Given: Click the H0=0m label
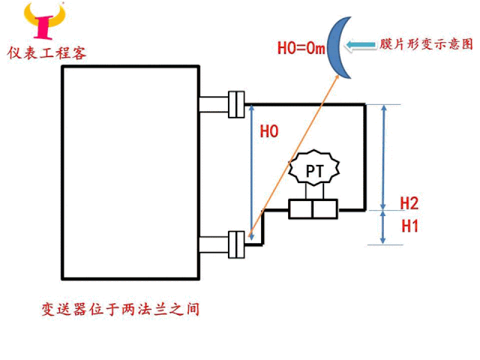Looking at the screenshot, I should coord(300,49).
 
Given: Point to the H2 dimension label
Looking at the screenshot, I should coord(409,202).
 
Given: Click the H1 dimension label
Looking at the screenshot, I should coord(409,224).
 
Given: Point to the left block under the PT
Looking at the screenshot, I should coord(301,208).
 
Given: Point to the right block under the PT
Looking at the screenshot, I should coord(326,208).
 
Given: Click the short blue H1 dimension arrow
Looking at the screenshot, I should coord(384,226).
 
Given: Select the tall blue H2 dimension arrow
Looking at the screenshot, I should coord(384,157).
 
